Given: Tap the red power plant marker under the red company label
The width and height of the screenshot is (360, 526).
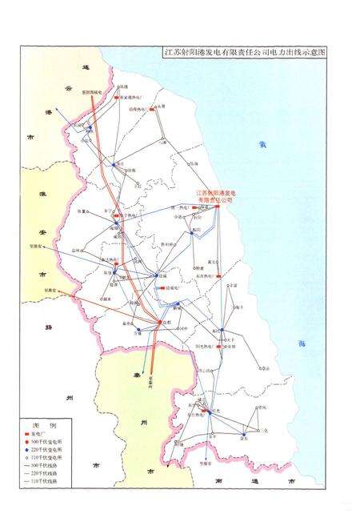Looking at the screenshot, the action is (217, 207).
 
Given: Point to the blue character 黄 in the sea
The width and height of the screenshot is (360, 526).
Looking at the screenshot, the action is (261, 144).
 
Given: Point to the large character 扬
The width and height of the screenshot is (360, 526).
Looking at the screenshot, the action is (50, 327).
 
